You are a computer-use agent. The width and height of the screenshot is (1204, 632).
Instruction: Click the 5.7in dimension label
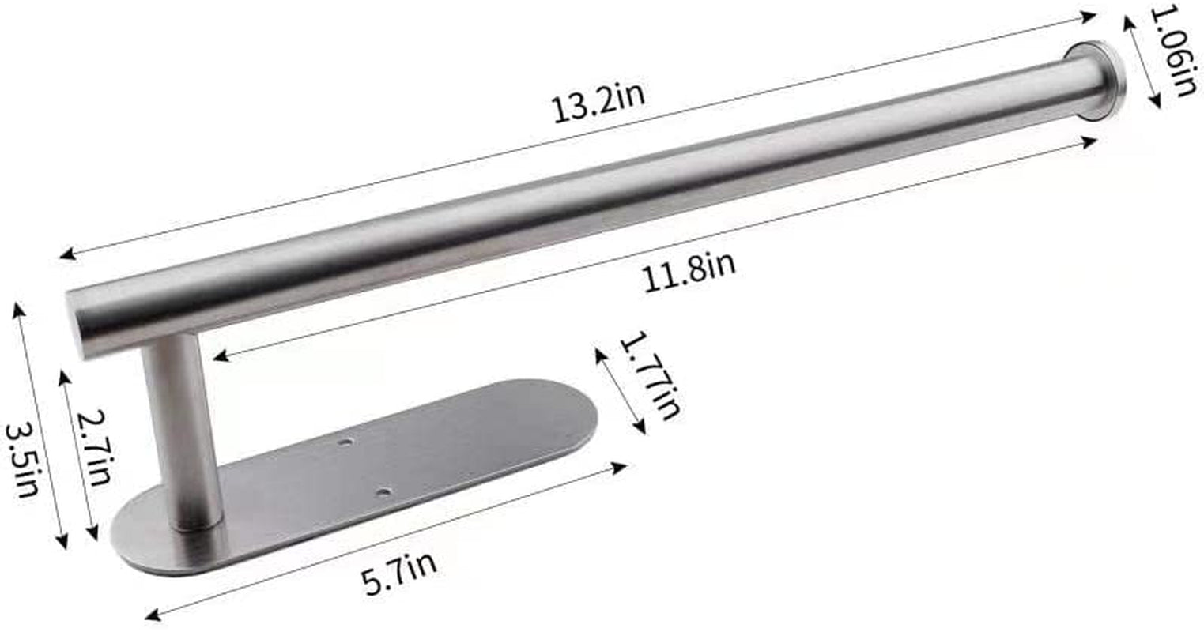point(399,572)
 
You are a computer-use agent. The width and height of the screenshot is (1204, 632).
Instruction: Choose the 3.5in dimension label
point(22,461)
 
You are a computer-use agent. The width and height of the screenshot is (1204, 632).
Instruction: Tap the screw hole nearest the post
point(383,492)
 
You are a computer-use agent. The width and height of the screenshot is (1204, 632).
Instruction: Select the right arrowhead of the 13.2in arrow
point(1091,15)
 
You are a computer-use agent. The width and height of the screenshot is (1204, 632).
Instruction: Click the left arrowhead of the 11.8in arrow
point(219,357)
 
